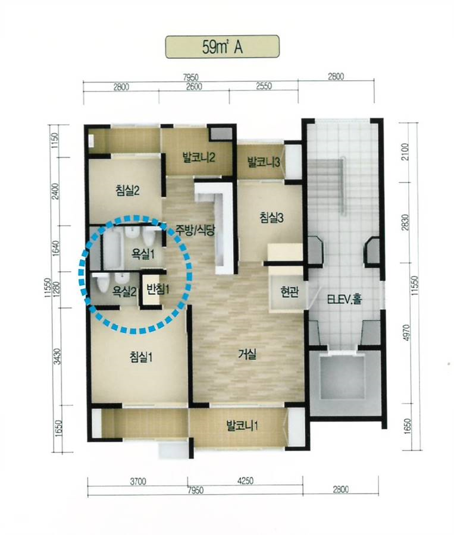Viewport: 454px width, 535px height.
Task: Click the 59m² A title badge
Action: pos(223,47)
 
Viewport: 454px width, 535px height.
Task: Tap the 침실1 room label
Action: pos(140,358)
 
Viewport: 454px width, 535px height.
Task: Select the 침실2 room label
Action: pos(127,190)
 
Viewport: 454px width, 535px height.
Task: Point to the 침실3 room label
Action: pos(271,218)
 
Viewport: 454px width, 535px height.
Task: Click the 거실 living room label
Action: pos(247,355)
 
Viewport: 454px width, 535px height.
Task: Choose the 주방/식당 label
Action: pos(195,230)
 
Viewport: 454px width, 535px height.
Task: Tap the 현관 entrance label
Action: pos(290,292)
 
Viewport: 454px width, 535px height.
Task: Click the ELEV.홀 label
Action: pos(345,299)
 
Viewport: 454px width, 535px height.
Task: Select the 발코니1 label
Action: pos(242,426)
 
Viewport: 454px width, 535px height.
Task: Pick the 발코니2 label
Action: pos(199,158)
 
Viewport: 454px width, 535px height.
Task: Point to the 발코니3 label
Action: pos(264,162)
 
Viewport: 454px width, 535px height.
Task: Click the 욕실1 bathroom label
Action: pos(143,254)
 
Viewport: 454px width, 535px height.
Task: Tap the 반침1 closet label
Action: pos(158,289)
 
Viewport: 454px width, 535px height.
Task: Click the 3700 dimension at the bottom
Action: pos(138,481)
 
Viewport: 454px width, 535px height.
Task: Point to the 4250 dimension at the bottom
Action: pos(245,481)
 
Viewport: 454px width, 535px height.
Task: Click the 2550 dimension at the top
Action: pos(264,86)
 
